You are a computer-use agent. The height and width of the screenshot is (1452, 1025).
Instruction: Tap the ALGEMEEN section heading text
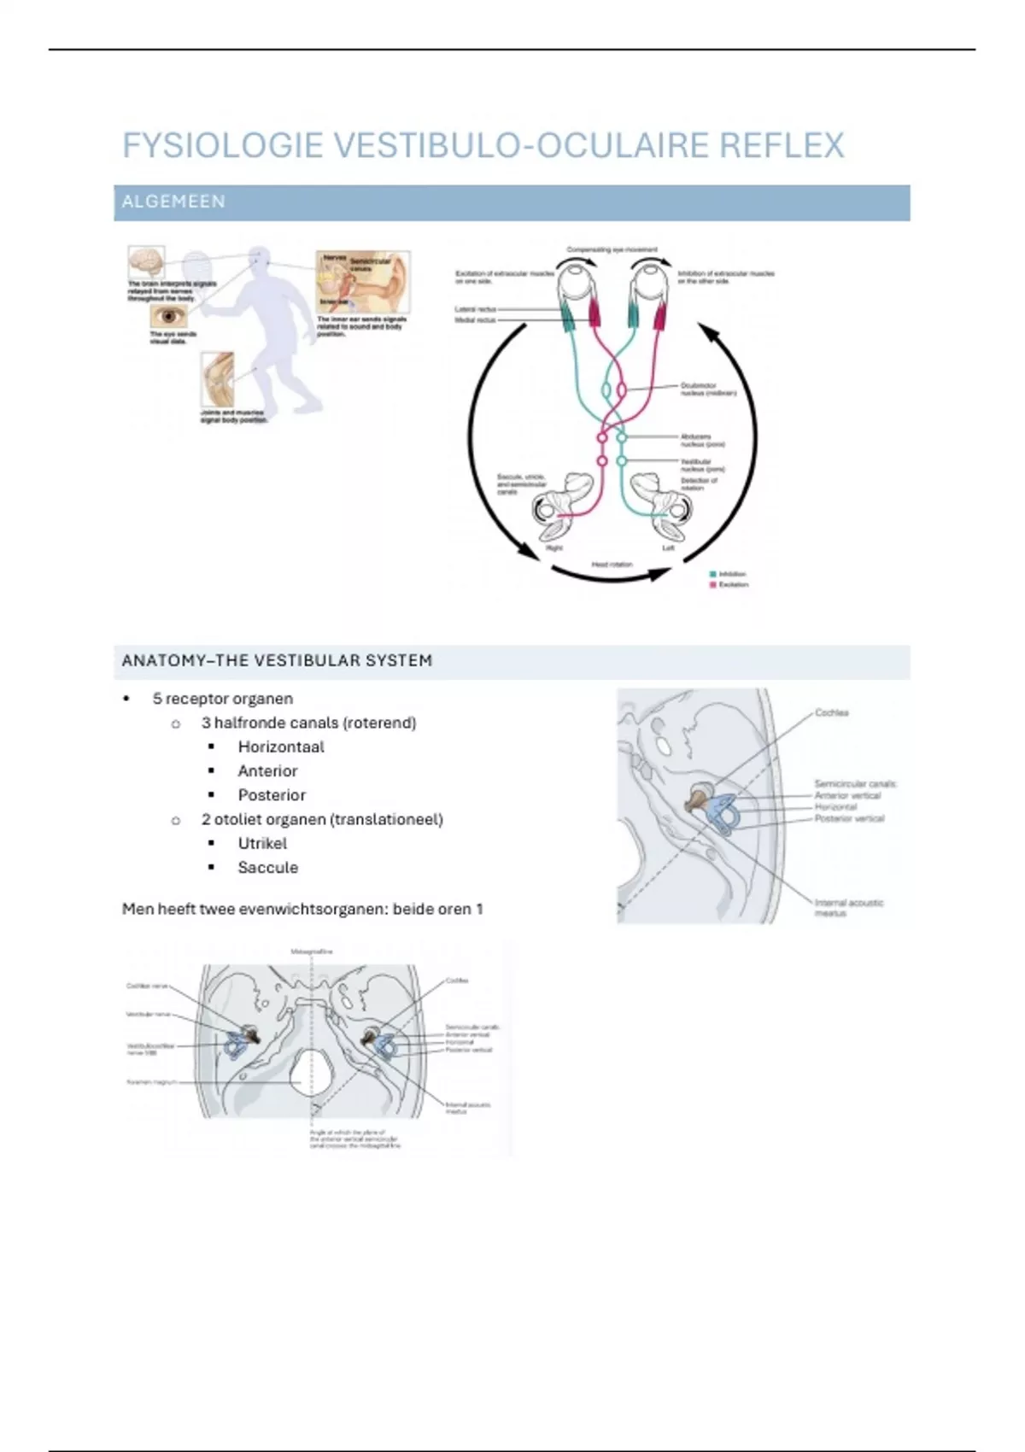(x=173, y=202)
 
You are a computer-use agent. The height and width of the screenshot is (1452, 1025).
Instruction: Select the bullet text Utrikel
(x=262, y=843)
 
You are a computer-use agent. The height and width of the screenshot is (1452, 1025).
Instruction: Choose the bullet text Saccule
(x=267, y=867)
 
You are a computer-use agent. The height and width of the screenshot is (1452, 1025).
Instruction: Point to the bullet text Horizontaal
(x=281, y=746)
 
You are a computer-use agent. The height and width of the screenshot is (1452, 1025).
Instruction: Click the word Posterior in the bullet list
(x=272, y=794)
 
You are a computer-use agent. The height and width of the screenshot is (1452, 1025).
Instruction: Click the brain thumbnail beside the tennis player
(x=145, y=261)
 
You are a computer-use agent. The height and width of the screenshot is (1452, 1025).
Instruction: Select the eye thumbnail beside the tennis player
(x=168, y=317)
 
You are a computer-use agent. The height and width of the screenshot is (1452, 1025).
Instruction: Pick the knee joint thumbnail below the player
(x=218, y=378)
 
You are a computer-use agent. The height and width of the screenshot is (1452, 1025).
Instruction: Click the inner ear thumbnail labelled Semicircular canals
(x=363, y=281)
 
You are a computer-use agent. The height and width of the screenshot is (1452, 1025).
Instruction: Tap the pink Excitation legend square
(x=713, y=585)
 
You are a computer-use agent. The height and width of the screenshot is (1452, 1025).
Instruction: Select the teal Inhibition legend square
(x=713, y=574)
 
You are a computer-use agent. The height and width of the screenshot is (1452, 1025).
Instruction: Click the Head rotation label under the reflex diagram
(x=612, y=565)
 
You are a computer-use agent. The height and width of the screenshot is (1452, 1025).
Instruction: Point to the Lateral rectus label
(x=476, y=309)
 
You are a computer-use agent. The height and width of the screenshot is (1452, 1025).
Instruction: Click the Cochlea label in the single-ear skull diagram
(x=831, y=712)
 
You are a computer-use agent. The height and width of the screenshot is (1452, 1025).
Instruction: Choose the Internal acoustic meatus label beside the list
(x=848, y=907)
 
